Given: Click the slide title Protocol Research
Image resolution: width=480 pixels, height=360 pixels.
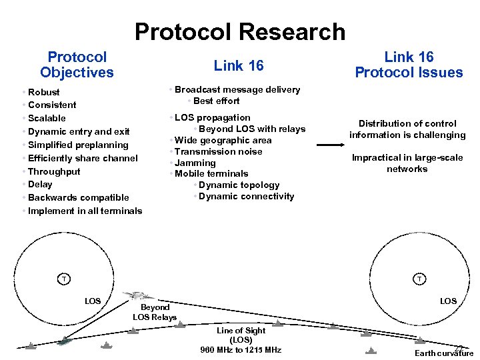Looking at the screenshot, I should point(240,31).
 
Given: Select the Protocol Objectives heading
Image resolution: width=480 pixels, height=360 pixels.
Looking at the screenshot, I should point(77,65).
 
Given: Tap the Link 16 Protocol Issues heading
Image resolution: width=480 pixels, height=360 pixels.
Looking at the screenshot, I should point(408,65).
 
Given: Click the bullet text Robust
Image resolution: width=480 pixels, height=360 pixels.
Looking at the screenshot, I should point(44,92).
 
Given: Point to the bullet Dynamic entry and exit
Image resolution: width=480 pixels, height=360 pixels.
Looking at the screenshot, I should point(79,131).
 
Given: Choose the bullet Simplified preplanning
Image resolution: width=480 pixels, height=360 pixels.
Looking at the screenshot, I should point(78,145).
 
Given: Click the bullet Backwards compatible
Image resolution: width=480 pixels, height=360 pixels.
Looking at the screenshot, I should point(79,197).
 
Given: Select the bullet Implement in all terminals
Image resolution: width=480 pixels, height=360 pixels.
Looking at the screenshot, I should point(85,211).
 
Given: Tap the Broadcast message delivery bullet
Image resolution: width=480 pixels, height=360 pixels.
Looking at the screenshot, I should point(237,89).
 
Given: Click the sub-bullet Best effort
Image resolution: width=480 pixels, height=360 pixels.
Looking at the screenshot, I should point(216,101).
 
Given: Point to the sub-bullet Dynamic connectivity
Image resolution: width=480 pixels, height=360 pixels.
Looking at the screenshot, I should point(246,196).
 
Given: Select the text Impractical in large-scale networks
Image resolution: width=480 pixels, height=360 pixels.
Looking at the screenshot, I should point(407,163).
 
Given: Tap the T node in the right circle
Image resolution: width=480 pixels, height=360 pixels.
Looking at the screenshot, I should point(418,278).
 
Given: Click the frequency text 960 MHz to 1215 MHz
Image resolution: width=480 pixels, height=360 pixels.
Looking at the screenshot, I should point(241,350).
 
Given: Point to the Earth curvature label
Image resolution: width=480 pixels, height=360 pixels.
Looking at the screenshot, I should point(443,353).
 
